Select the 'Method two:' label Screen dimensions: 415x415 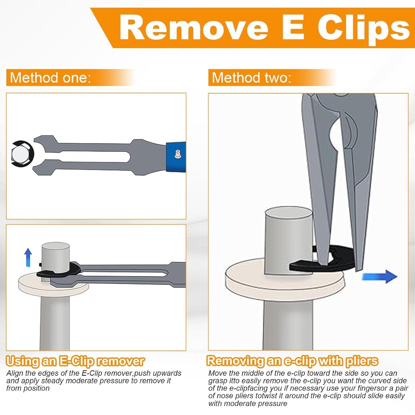coord(251,77)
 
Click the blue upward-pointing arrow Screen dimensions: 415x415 coord(28,257)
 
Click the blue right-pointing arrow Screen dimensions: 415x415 coord(379,276)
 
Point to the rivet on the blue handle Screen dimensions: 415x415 coord(177,154)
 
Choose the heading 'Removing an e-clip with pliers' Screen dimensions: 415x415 coord(292,361)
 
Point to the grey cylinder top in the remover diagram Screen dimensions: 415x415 coord(55,248)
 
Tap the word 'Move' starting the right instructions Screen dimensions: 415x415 coord(217,373)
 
